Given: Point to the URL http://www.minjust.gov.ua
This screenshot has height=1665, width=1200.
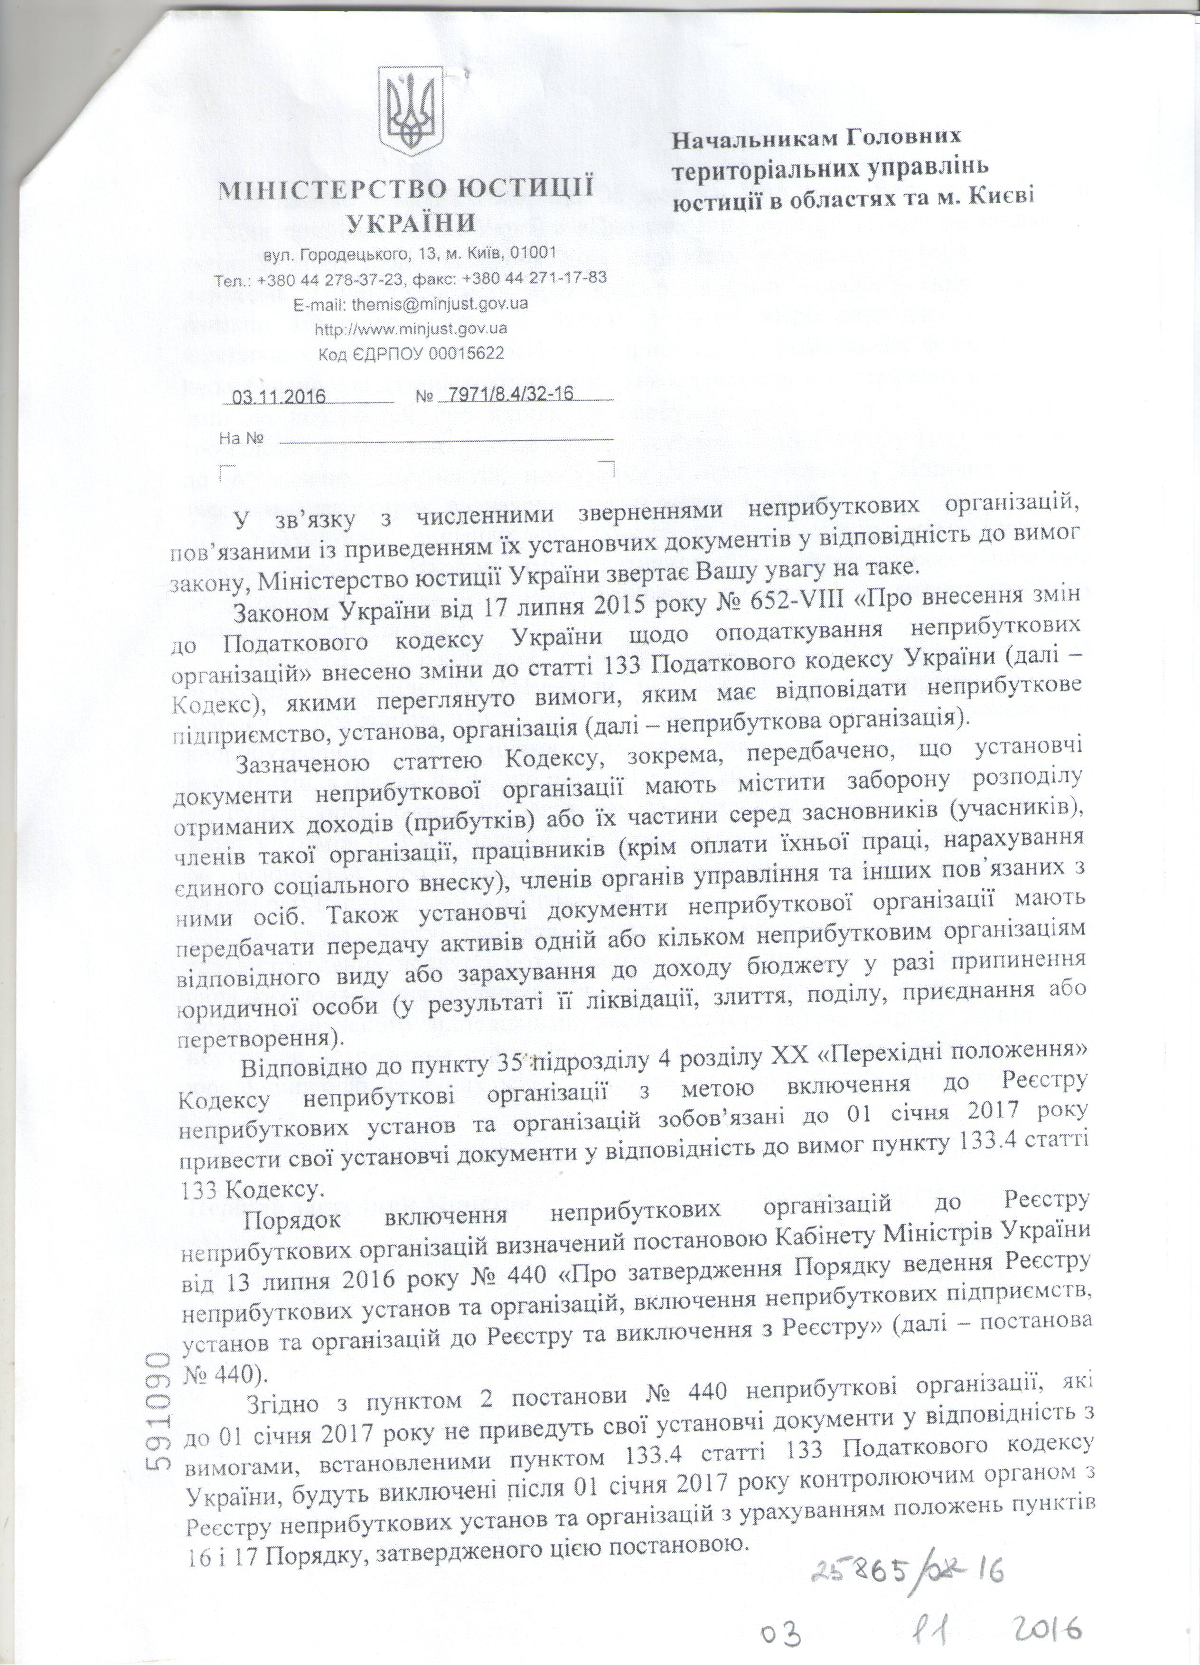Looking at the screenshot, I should click(x=410, y=328).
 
